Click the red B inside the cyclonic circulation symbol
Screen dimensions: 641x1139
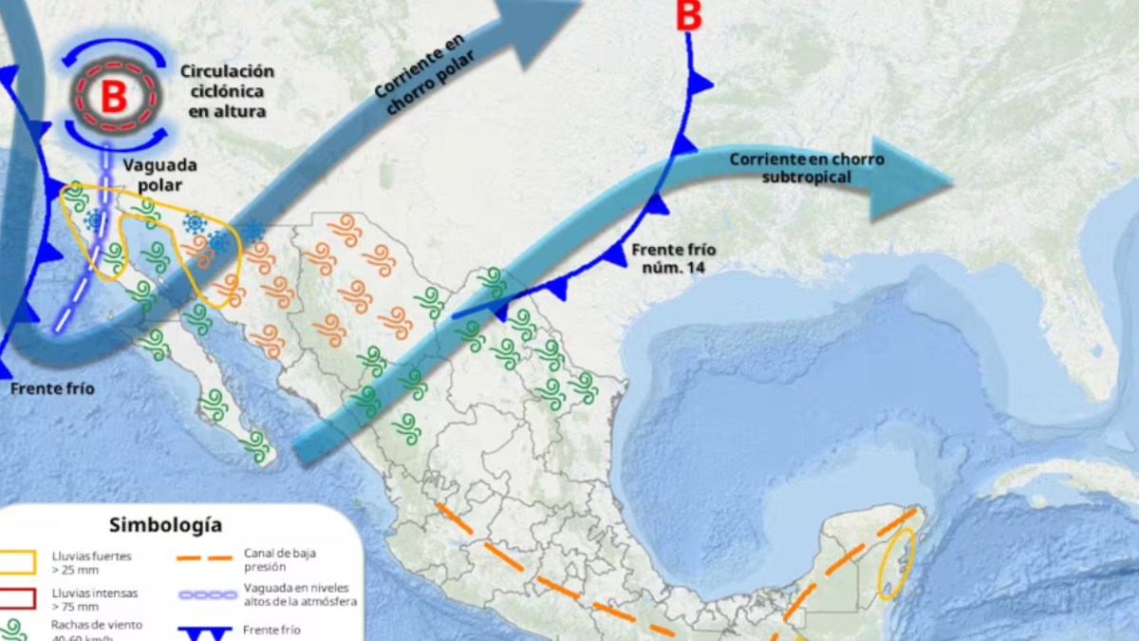click(113, 97)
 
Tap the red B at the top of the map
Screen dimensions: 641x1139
click(690, 16)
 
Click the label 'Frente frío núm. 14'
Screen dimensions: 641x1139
click(673, 258)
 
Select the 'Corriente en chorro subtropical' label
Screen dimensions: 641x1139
click(806, 168)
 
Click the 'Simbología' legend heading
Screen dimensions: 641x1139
click(165, 524)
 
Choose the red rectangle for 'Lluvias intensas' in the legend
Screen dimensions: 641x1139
click(18, 598)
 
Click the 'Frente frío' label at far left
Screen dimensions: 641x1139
click(52, 388)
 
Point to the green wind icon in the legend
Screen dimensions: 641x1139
click(14, 630)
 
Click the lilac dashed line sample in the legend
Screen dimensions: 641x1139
click(206, 595)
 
